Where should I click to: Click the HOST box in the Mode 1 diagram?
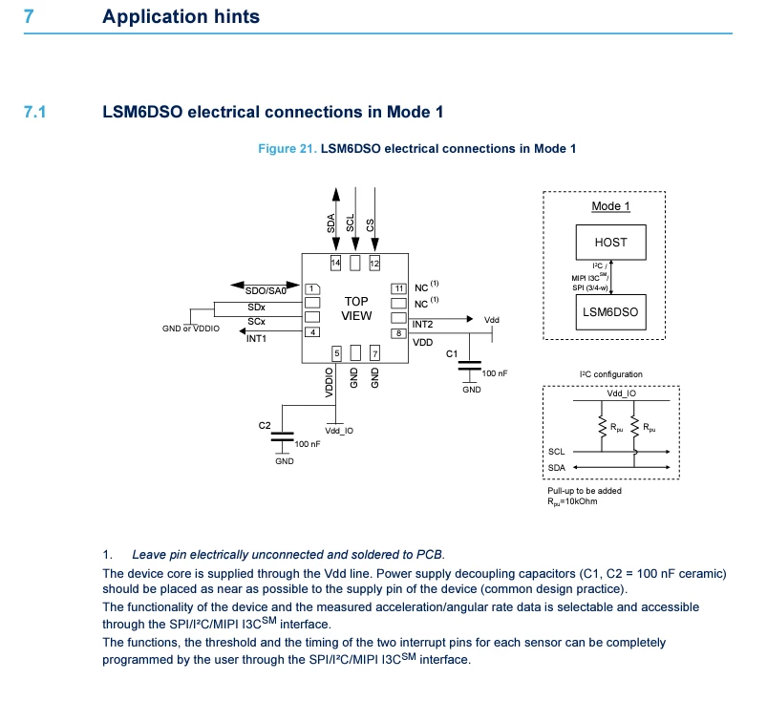click(x=610, y=243)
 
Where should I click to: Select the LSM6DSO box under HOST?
click(x=610, y=312)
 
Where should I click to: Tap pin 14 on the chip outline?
click(x=335, y=264)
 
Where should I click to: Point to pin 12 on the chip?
click(x=374, y=264)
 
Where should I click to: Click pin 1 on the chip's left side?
click(x=312, y=289)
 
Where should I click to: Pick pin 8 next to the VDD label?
click(x=398, y=333)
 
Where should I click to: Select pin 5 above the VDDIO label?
click(x=336, y=353)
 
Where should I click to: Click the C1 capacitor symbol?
click(x=470, y=366)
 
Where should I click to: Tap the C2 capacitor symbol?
click(x=282, y=436)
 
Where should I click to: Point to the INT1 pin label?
click(x=256, y=338)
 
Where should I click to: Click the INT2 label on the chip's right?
click(x=422, y=325)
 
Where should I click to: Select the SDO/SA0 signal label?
click(x=266, y=291)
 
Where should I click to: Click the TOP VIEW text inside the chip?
click(x=356, y=308)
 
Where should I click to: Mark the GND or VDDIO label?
click(x=191, y=329)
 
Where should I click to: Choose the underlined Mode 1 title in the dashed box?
click(x=610, y=206)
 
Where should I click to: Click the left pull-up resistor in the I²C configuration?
click(x=602, y=426)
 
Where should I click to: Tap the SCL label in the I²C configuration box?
click(x=556, y=452)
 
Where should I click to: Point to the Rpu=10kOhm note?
click(x=572, y=501)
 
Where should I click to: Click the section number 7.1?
click(x=34, y=112)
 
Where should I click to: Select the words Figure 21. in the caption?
click(x=288, y=149)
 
